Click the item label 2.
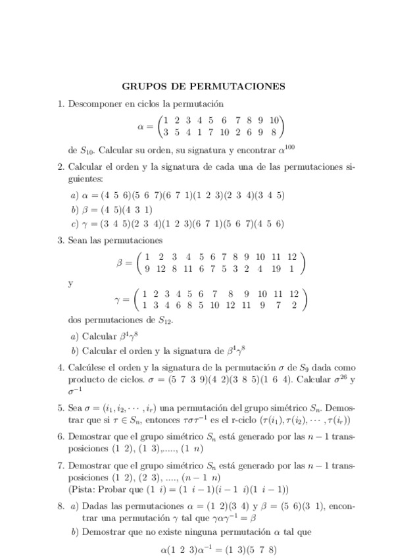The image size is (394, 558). pos(61,166)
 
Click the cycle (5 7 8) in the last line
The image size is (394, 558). pos(260,547)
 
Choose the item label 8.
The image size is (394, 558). pos(61,506)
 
